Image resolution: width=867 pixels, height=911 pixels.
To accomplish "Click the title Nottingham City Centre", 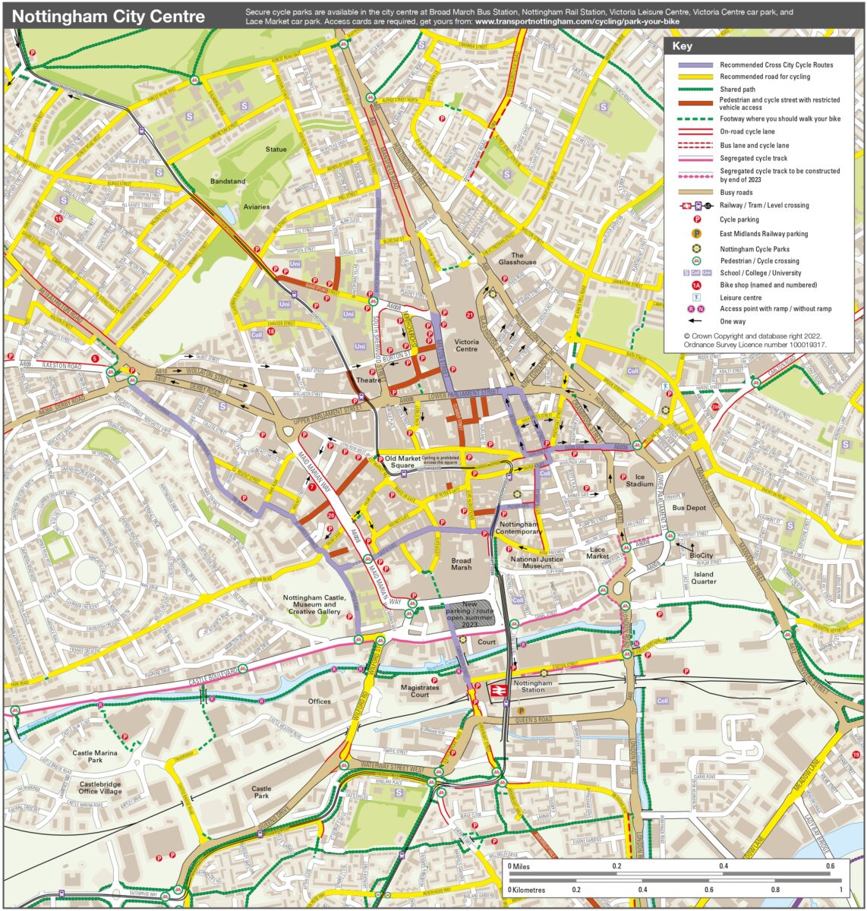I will pyautogui.click(x=109, y=16).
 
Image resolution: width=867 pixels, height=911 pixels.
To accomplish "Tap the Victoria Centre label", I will pyautogui.click(x=466, y=345).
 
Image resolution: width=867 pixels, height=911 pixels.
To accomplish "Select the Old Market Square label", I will pyautogui.click(x=402, y=462).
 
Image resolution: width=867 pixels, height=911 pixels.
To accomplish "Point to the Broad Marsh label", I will pyautogui.click(x=461, y=563).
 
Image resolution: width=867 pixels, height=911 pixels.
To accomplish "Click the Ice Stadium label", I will pyautogui.click(x=639, y=480).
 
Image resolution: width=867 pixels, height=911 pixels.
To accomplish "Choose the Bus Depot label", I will pyautogui.click(x=689, y=507).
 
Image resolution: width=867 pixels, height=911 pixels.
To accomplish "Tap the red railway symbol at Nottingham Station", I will pyautogui.click(x=498, y=692).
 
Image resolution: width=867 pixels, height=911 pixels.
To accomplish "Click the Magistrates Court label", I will pyautogui.click(x=420, y=691).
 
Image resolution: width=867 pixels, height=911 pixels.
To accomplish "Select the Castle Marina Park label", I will pyautogui.click(x=95, y=756).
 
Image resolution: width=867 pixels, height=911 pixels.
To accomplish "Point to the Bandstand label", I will pyautogui.click(x=228, y=181).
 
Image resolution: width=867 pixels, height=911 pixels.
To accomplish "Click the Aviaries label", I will pyautogui.click(x=257, y=206).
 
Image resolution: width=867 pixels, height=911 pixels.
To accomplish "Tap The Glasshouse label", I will pyautogui.click(x=517, y=259).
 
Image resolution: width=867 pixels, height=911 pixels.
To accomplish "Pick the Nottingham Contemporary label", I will pyautogui.click(x=519, y=528).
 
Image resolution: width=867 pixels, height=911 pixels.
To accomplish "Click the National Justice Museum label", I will pyautogui.click(x=536, y=563).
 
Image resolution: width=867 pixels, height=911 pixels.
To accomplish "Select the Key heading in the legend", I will pyautogui.click(x=682, y=46).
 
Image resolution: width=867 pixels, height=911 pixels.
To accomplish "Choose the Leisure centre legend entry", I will pyautogui.click(x=740, y=298).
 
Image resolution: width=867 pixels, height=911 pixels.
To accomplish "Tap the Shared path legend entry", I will pyautogui.click(x=737, y=90).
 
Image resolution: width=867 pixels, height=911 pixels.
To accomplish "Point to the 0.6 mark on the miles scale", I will pyautogui.click(x=831, y=866).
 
